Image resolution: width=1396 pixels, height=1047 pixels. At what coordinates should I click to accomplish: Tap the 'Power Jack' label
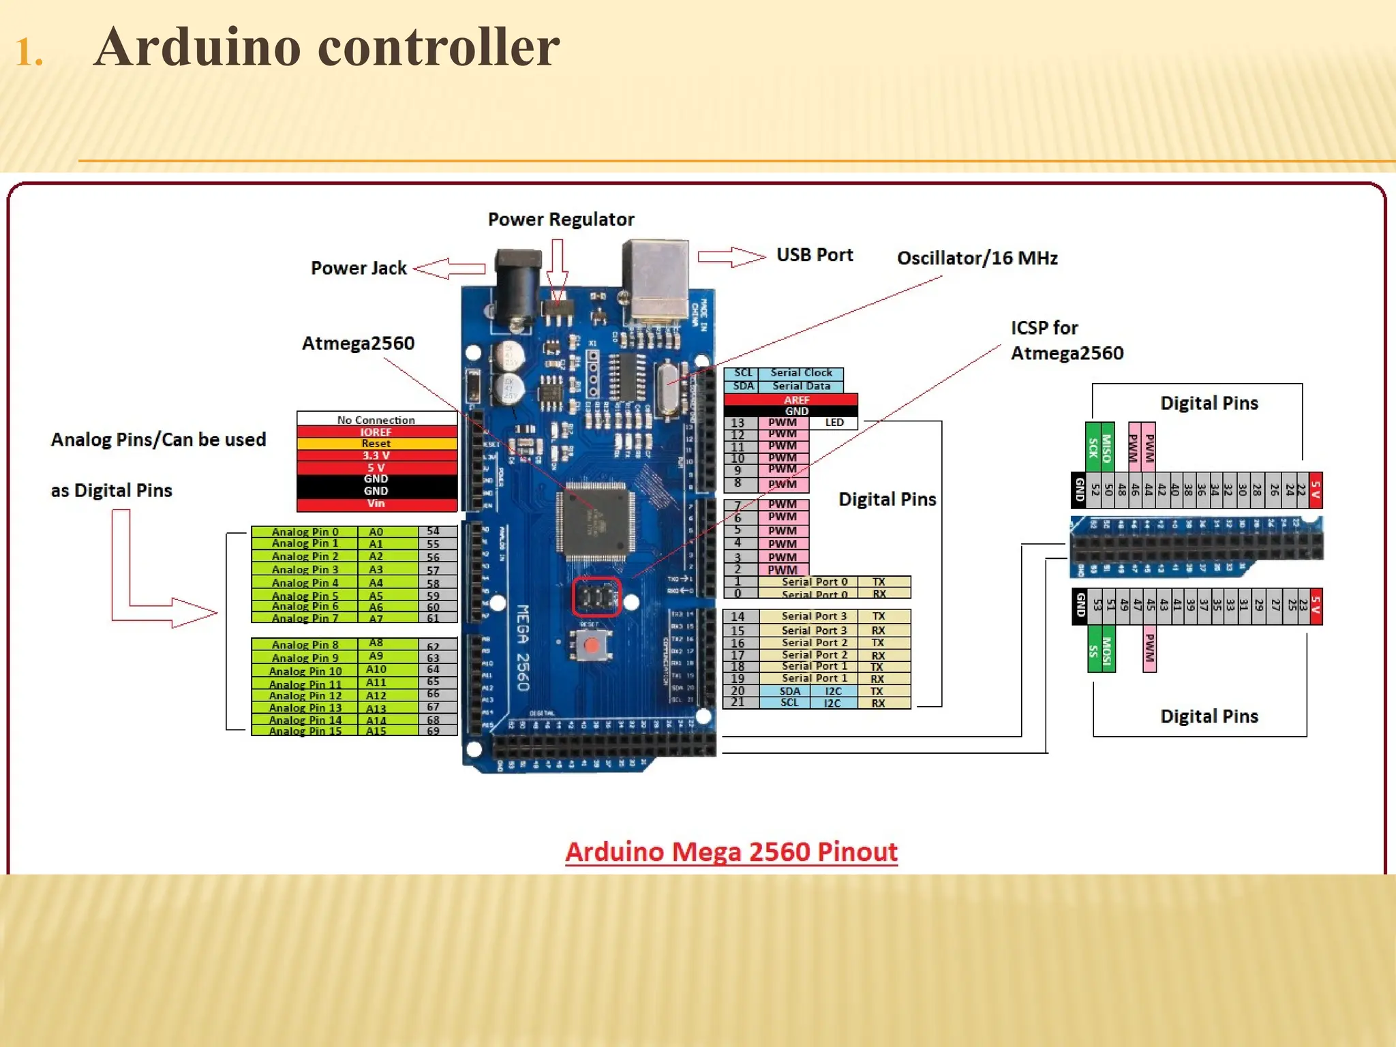359,268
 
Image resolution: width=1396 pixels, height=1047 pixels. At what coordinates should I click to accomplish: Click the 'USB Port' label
815,255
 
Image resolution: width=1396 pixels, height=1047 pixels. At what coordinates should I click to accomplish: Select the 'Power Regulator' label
561,219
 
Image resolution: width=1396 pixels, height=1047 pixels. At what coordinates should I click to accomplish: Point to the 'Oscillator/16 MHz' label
977,258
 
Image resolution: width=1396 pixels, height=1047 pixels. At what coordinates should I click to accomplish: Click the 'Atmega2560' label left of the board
358,343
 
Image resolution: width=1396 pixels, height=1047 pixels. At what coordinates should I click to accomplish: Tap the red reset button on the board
592,645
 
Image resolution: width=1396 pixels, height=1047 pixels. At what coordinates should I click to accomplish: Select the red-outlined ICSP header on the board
596,598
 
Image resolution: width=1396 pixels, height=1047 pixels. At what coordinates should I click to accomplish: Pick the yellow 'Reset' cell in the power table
376,444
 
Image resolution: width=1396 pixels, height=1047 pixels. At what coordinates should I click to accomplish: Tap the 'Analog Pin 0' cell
305,532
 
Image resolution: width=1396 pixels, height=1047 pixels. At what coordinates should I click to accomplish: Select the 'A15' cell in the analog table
376,731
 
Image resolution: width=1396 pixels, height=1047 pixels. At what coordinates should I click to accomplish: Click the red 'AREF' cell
796,399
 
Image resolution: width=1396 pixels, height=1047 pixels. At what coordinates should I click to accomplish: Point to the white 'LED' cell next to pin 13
834,423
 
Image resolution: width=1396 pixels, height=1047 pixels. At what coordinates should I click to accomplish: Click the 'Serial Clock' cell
801,373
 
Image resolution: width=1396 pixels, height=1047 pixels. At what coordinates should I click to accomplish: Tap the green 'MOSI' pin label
1108,650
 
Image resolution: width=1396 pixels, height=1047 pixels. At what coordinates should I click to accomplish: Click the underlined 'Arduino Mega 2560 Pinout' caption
731,852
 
